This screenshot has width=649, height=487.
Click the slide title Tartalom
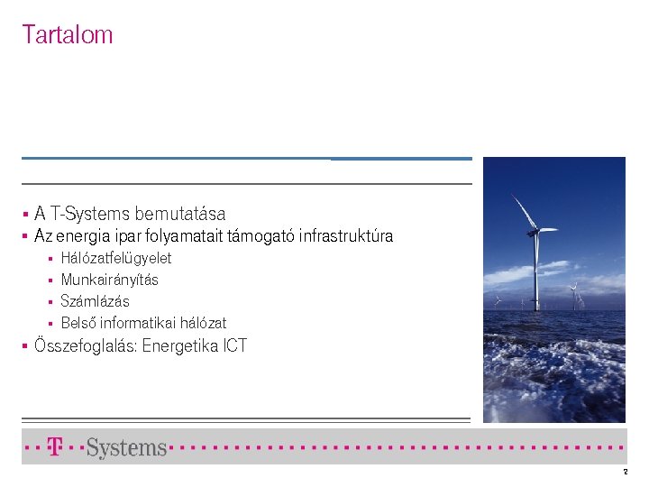coord(68,35)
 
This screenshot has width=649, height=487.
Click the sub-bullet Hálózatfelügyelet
coord(116,258)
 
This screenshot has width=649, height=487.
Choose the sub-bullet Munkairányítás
coord(110,280)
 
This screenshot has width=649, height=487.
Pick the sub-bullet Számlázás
coord(96,301)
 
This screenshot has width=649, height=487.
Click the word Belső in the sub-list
coord(78,323)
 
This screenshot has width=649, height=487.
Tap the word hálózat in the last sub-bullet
coord(204,323)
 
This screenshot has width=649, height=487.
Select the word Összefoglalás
coord(86,345)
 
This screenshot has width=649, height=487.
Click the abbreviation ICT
coord(233,345)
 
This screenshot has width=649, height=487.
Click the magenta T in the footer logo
coord(55,446)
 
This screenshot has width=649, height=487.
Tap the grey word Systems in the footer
coord(127,447)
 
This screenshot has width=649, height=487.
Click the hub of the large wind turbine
coord(535,232)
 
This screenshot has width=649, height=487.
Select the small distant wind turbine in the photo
coord(573,290)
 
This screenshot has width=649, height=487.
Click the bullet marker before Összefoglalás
coord(26,346)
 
